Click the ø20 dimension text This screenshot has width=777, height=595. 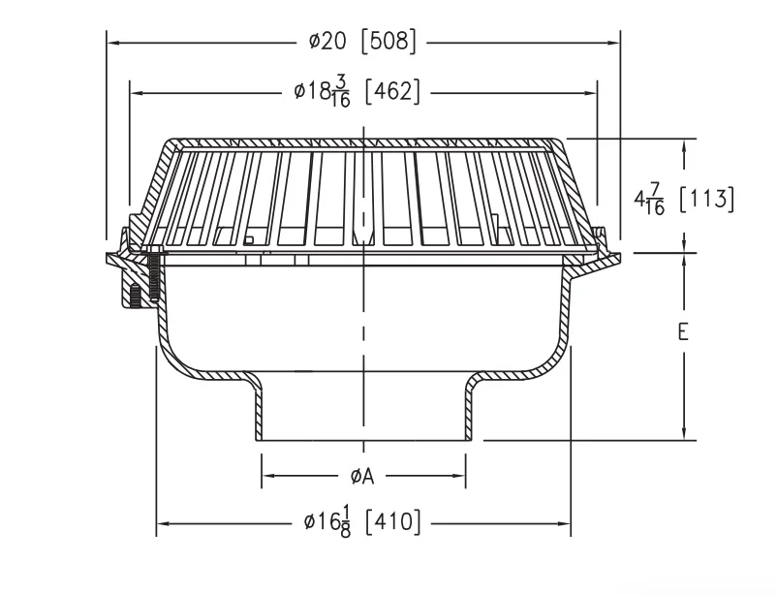(x=327, y=42)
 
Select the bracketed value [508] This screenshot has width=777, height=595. (x=388, y=42)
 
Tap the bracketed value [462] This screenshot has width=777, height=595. (x=392, y=92)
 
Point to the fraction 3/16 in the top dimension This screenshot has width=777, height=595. (x=341, y=93)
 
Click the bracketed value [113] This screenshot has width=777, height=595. (x=705, y=200)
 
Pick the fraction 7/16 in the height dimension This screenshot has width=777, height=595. (x=655, y=200)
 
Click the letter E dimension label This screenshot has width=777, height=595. (x=683, y=331)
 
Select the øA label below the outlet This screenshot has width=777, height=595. (x=361, y=477)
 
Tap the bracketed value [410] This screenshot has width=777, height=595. (x=392, y=522)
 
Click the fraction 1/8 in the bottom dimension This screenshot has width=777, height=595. (x=346, y=523)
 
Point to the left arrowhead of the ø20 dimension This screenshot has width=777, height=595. (x=113, y=44)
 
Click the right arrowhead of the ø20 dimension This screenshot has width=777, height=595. (x=613, y=44)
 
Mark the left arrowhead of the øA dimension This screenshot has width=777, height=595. (x=268, y=476)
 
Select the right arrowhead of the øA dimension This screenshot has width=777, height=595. (x=459, y=476)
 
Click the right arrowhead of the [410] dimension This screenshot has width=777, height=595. (x=564, y=523)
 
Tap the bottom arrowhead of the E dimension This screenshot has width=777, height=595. (x=684, y=433)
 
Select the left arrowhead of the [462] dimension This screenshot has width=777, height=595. (x=137, y=93)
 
